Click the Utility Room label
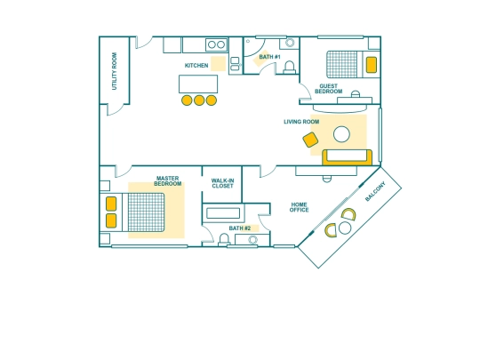pyautogui.click(x=114, y=71)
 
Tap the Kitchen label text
pyautogui.click(x=196, y=66)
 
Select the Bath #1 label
pyautogui.click(x=269, y=57)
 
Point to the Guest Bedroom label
pyautogui.click(x=329, y=89)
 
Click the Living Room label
pyautogui.click(x=301, y=122)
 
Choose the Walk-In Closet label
pyautogui.click(x=222, y=183)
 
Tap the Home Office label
pyautogui.click(x=299, y=207)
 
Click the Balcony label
pyautogui.click(x=375, y=191)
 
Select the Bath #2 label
pyautogui.click(x=240, y=228)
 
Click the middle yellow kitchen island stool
pyautogui.click(x=199, y=100)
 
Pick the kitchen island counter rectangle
pyautogui.click(x=198, y=84)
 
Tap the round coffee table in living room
pyautogui.click(x=341, y=134)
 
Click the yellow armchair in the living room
pyautogui.click(x=310, y=140)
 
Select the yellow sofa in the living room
pyautogui.click(x=348, y=157)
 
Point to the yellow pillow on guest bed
pyautogui.click(x=372, y=65)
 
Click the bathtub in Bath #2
pyautogui.click(x=223, y=213)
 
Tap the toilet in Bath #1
pyautogui.click(x=289, y=68)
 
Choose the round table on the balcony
pyautogui.click(x=345, y=228)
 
